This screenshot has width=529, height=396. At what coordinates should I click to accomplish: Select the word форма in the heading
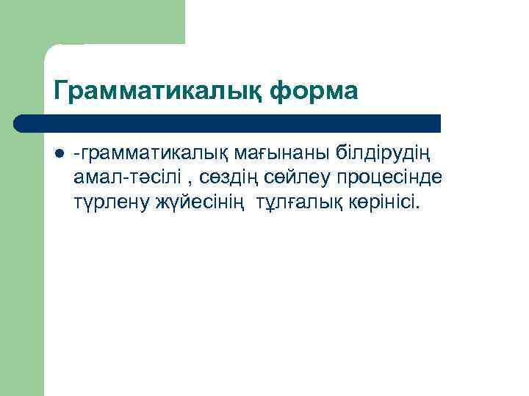tap(314, 92)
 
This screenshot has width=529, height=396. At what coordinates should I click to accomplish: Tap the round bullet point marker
tap(59, 154)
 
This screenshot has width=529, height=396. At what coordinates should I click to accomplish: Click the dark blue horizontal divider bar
tap(228, 123)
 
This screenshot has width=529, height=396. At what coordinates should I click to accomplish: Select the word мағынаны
tap(283, 154)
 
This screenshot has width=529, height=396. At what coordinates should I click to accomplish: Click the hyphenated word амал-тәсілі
tap(125, 178)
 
